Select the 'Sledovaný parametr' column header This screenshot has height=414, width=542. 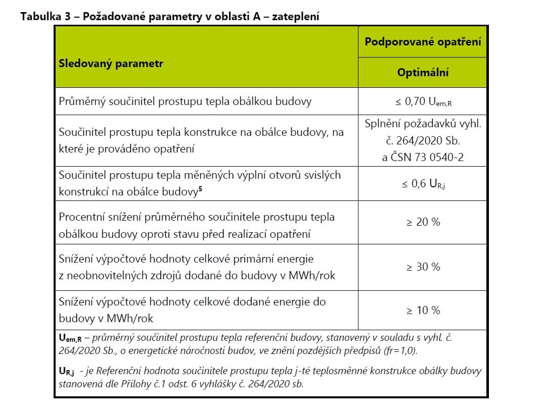click(x=111, y=64)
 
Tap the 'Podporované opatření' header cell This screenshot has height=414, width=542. click(x=423, y=41)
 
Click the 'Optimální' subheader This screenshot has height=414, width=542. click(x=423, y=73)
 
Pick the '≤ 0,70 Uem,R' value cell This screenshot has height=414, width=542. click(x=423, y=102)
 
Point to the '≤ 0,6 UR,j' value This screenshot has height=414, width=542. click(x=423, y=184)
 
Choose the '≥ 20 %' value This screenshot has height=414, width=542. click(x=423, y=222)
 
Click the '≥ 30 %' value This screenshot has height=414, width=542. click(x=423, y=267)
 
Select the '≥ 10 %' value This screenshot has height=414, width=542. click(x=423, y=310)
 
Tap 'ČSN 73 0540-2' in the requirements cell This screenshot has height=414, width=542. click(x=423, y=158)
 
